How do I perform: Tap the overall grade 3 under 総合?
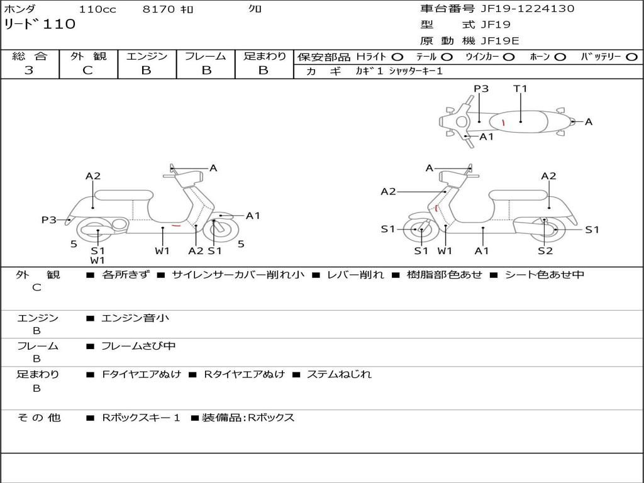[29, 70]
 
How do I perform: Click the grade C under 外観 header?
[87, 70]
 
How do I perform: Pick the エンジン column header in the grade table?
[147, 56]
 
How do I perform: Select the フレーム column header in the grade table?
[205, 56]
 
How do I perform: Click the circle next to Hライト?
[397, 57]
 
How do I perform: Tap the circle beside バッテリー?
[631, 57]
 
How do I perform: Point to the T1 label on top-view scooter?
[520, 89]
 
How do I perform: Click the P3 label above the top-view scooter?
[481, 89]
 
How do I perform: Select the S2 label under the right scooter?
[545, 251]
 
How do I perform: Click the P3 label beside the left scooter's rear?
[48, 220]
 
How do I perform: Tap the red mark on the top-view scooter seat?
[503, 121]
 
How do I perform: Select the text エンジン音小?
[135, 318]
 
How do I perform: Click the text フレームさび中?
[138, 346]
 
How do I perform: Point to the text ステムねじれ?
[339, 374]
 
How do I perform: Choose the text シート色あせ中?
[545, 275]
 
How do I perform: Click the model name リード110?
[40, 25]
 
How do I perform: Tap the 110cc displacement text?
[97, 9]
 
